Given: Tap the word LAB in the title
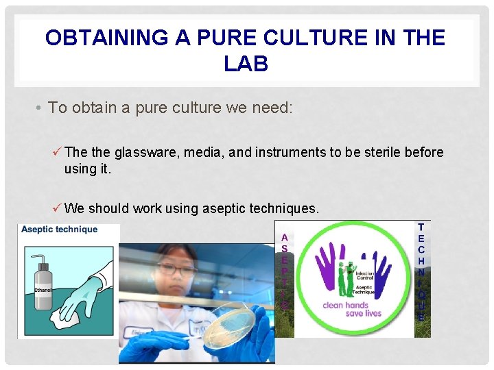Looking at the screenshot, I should click(x=246, y=64).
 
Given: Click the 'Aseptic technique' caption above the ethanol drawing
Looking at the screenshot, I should click(x=59, y=230).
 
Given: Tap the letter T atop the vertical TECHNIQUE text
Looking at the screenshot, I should click(x=421, y=227).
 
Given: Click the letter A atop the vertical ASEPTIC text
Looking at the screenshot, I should click(x=284, y=238).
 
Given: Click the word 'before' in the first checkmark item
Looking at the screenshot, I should click(x=424, y=152).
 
